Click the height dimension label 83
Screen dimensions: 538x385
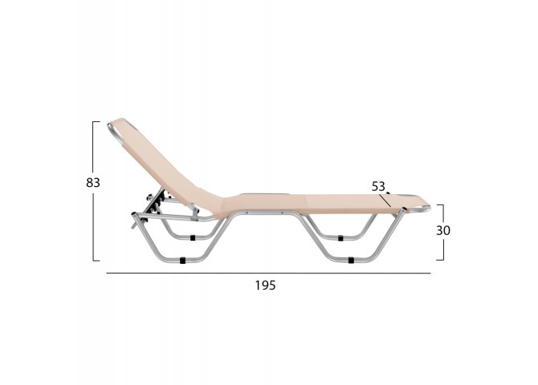[93, 183]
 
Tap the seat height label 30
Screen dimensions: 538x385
[443, 230]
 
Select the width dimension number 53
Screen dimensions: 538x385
[378, 187]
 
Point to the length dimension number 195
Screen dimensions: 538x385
[265, 285]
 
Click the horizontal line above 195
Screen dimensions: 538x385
[269, 274]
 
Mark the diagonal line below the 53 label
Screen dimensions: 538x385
[385, 201]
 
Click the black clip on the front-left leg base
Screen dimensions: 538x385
[182, 261]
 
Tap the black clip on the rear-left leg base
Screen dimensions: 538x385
[193, 237]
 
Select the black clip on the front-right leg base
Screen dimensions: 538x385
[351, 260]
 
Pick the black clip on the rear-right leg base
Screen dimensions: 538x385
[340, 238]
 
